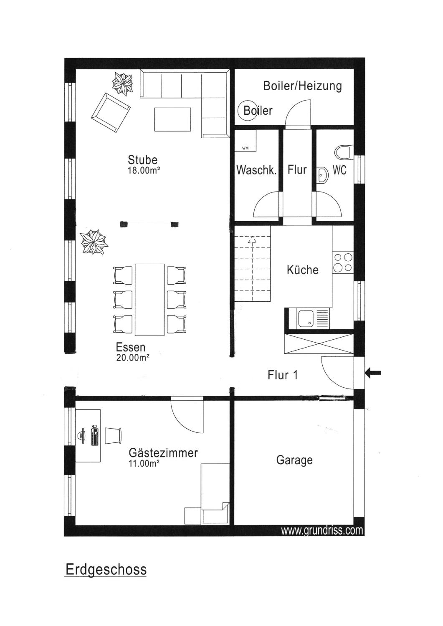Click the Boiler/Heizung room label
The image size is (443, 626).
(303, 86)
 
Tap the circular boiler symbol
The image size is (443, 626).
(247, 111)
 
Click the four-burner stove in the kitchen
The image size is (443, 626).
(343, 263)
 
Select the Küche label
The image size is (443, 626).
(303, 270)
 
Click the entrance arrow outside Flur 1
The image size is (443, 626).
(373, 373)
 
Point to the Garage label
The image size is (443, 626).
(294, 460)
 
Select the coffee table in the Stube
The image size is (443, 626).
(172, 119)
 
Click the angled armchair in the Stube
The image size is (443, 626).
(111, 113)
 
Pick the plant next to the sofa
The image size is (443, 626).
(122, 84)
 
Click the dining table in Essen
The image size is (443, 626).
(149, 299)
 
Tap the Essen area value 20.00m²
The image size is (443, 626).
(133, 357)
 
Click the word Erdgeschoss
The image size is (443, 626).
(106, 570)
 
